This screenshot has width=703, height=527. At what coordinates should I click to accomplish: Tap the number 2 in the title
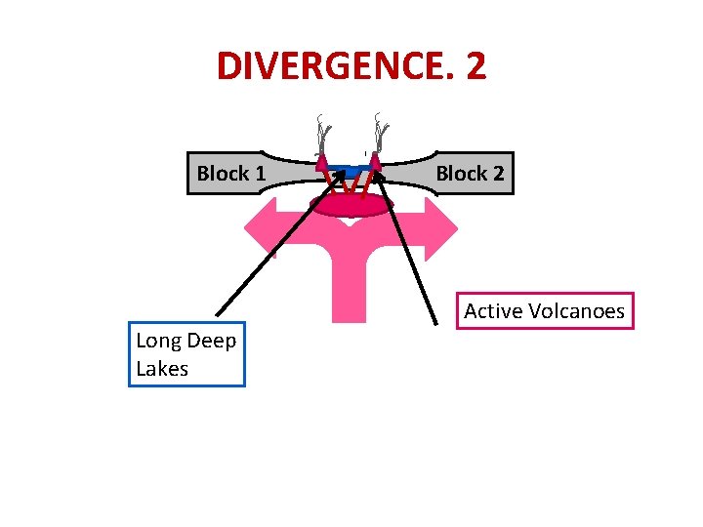475,66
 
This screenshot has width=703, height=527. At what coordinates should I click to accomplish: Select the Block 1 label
230,174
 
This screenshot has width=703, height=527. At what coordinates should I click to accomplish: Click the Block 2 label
470,174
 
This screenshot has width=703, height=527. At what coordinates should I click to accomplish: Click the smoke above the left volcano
323,132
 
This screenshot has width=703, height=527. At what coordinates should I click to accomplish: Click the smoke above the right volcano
381,130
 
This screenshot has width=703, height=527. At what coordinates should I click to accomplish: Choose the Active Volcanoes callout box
544,311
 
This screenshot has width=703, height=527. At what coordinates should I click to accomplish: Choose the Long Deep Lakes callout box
186,354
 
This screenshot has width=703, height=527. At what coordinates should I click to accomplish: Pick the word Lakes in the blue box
162,369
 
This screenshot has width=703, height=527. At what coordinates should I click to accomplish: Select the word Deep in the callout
209,341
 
